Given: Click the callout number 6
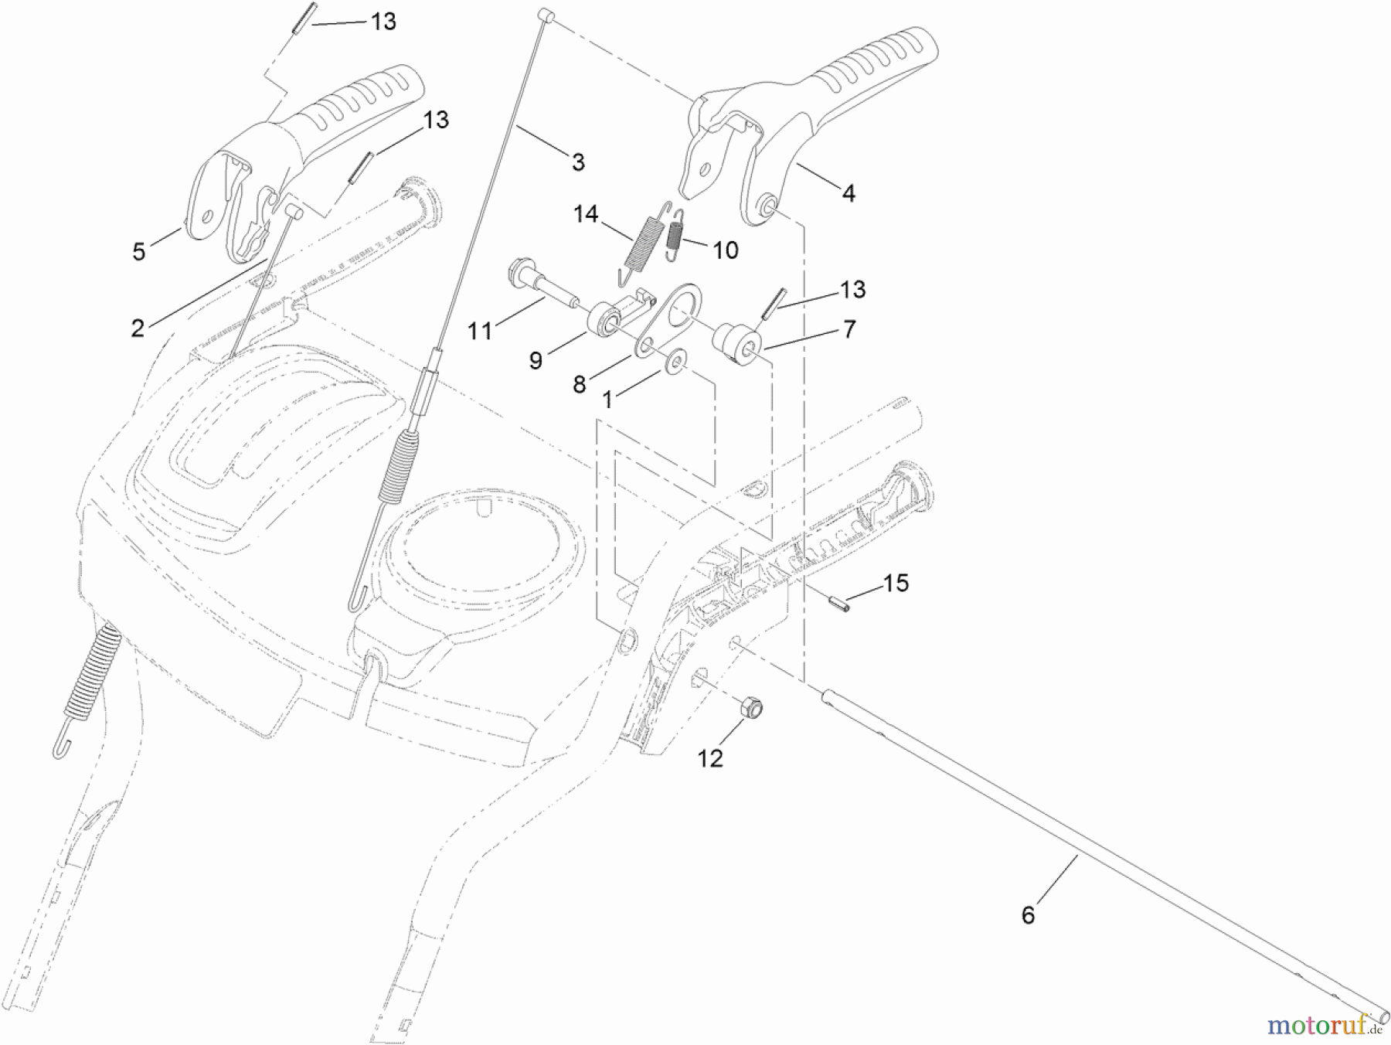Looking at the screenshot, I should [x=1027, y=915].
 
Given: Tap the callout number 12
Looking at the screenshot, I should [x=710, y=758].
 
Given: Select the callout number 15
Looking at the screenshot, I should [x=896, y=583].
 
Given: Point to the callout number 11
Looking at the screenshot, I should [x=480, y=331].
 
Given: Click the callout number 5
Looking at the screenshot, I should [x=139, y=251].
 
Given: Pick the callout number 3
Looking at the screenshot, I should [x=578, y=162].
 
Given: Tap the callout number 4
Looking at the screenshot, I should [x=849, y=193].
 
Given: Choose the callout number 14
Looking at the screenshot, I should [x=586, y=214].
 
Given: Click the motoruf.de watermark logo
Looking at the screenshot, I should [x=1323, y=1026].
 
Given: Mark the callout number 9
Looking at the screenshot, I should [x=536, y=360].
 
